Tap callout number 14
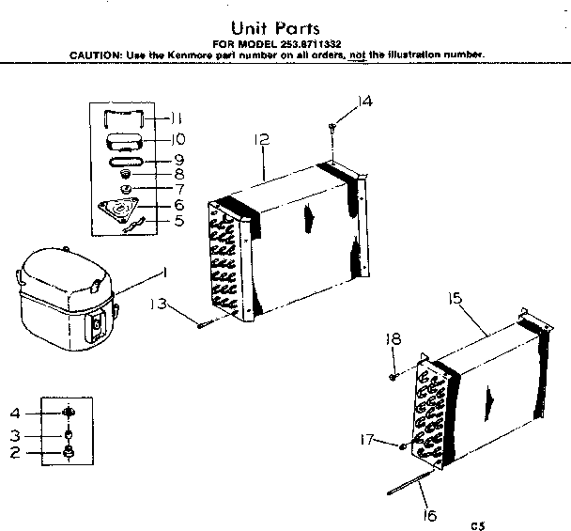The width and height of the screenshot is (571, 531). click(x=365, y=102)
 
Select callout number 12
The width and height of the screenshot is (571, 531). click(x=262, y=140)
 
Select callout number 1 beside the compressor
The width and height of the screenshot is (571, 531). click(x=165, y=273)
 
